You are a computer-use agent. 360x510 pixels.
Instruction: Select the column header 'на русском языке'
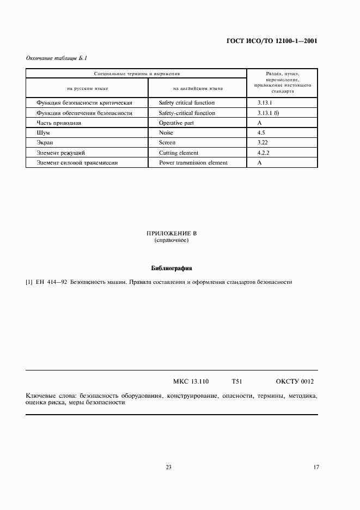[x=87, y=88]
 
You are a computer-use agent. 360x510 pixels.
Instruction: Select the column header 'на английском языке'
[x=198, y=88]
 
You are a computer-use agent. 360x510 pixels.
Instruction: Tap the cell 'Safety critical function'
[x=187, y=102]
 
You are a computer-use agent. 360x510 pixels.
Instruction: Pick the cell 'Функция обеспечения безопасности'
[x=84, y=113]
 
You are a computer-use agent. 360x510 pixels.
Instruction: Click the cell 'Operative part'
[x=176, y=123]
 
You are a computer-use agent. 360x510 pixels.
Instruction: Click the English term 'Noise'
[x=166, y=133]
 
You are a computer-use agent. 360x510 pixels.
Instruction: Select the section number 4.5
[x=261, y=133]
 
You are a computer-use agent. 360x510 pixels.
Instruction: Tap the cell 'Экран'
[x=44, y=143]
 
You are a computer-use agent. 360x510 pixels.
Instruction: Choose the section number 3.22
[x=263, y=143]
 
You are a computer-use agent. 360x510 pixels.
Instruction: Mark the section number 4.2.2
[x=264, y=153]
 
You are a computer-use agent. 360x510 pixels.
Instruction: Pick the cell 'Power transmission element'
[x=193, y=162]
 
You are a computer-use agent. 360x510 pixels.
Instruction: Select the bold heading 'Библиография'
[x=171, y=268]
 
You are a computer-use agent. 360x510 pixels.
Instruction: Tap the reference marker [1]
[x=29, y=282]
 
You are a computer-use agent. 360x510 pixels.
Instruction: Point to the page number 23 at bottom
[x=168, y=467]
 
